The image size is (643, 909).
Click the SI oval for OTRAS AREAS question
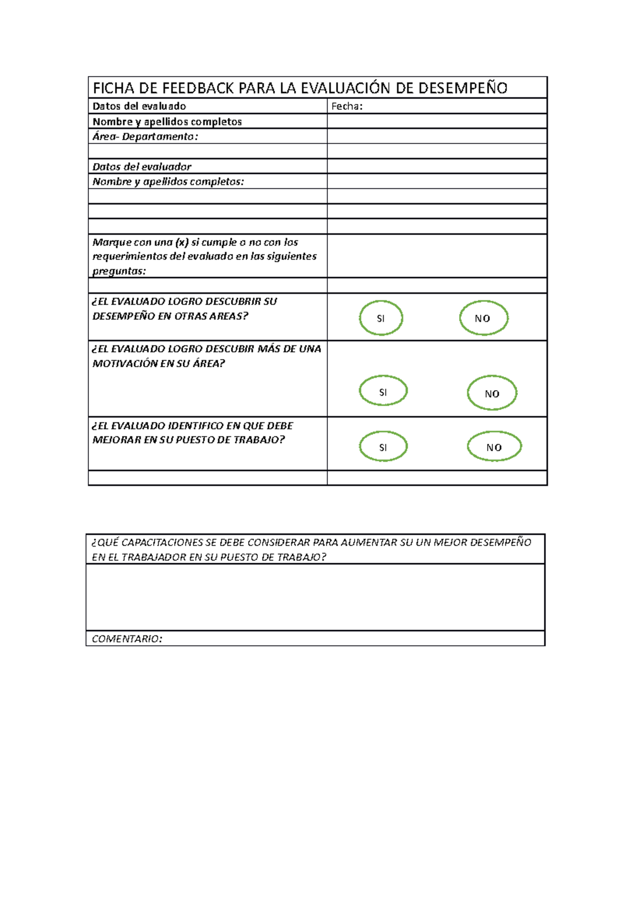click(380, 318)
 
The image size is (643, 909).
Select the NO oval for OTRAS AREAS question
click(483, 318)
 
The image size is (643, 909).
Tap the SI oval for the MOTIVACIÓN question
click(383, 391)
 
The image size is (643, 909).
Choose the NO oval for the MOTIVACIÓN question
click(492, 393)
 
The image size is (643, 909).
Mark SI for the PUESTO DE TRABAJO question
click(383, 447)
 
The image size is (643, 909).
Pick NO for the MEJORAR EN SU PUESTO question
click(494, 447)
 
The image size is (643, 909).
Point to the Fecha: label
click(347, 106)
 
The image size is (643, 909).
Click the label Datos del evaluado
click(139, 106)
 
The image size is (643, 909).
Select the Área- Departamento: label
click(145, 137)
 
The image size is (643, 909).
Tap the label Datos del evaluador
click(141, 166)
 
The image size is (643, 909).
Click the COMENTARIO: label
click(127, 639)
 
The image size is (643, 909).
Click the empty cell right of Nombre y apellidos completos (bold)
click(437, 122)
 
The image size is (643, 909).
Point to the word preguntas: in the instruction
click(119, 271)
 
